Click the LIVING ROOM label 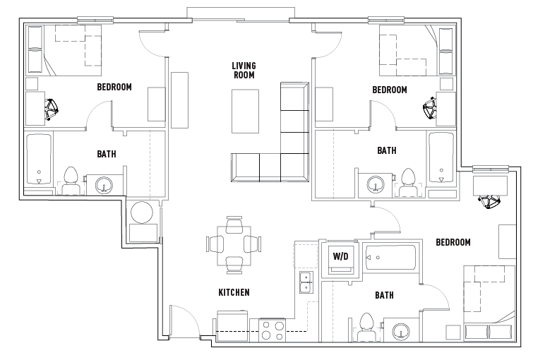click(x=244, y=70)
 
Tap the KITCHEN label click(x=234, y=292)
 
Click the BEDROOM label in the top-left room click(x=114, y=88)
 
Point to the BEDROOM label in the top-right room click(x=390, y=90)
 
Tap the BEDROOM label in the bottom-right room click(x=453, y=242)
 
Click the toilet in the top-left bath click(x=71, y=181)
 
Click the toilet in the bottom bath click(x=366, y=326)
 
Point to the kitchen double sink click(x=306, y=282)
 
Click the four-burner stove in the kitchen click(x=273, y=330)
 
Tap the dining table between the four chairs click(x=234, y=244)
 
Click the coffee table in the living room click(x=245, y=111)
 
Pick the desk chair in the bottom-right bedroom click(x=488, y=203)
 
